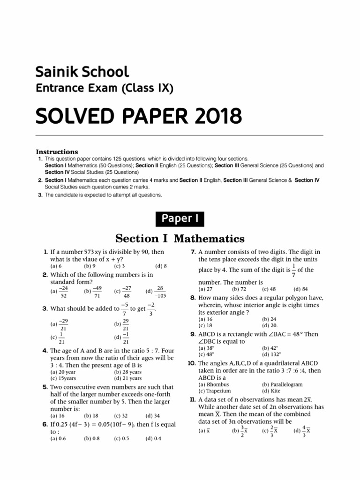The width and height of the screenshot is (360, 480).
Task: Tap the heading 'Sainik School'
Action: pyautogui.click(x=82, y=72)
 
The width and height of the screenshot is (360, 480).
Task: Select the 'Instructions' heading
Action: pyautogui.click(x=57, y=152)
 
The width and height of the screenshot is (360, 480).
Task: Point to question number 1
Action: pyautogui.click(x=45, y=252)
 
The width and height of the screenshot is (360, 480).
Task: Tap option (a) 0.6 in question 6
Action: pyautogui.click(x=57, y=439)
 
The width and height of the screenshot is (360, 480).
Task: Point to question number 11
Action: pyautogui.click(x=192, y=399)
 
